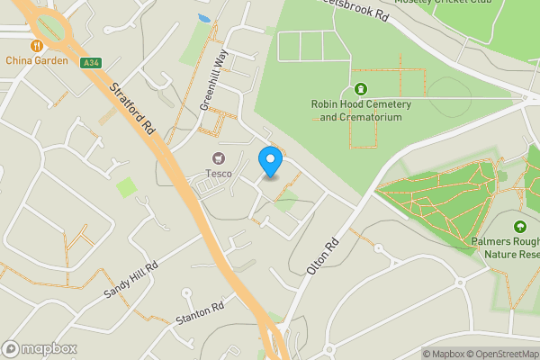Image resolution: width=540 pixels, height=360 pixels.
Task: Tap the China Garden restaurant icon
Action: (36, 45)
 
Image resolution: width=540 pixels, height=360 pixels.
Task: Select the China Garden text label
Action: (36, 60)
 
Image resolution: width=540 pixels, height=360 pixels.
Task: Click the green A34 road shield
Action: (89, 62)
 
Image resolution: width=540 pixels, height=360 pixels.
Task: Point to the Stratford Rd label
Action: (132, 109)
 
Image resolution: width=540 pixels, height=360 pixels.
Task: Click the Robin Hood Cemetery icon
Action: (361, 89)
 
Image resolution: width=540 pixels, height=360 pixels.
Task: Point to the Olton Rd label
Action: (321, 258)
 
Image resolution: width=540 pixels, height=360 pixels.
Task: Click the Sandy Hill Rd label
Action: (130, 279)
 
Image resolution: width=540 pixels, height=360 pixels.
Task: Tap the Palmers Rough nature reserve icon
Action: (519, 227)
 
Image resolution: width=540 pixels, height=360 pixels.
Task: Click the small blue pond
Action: (204, 17)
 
